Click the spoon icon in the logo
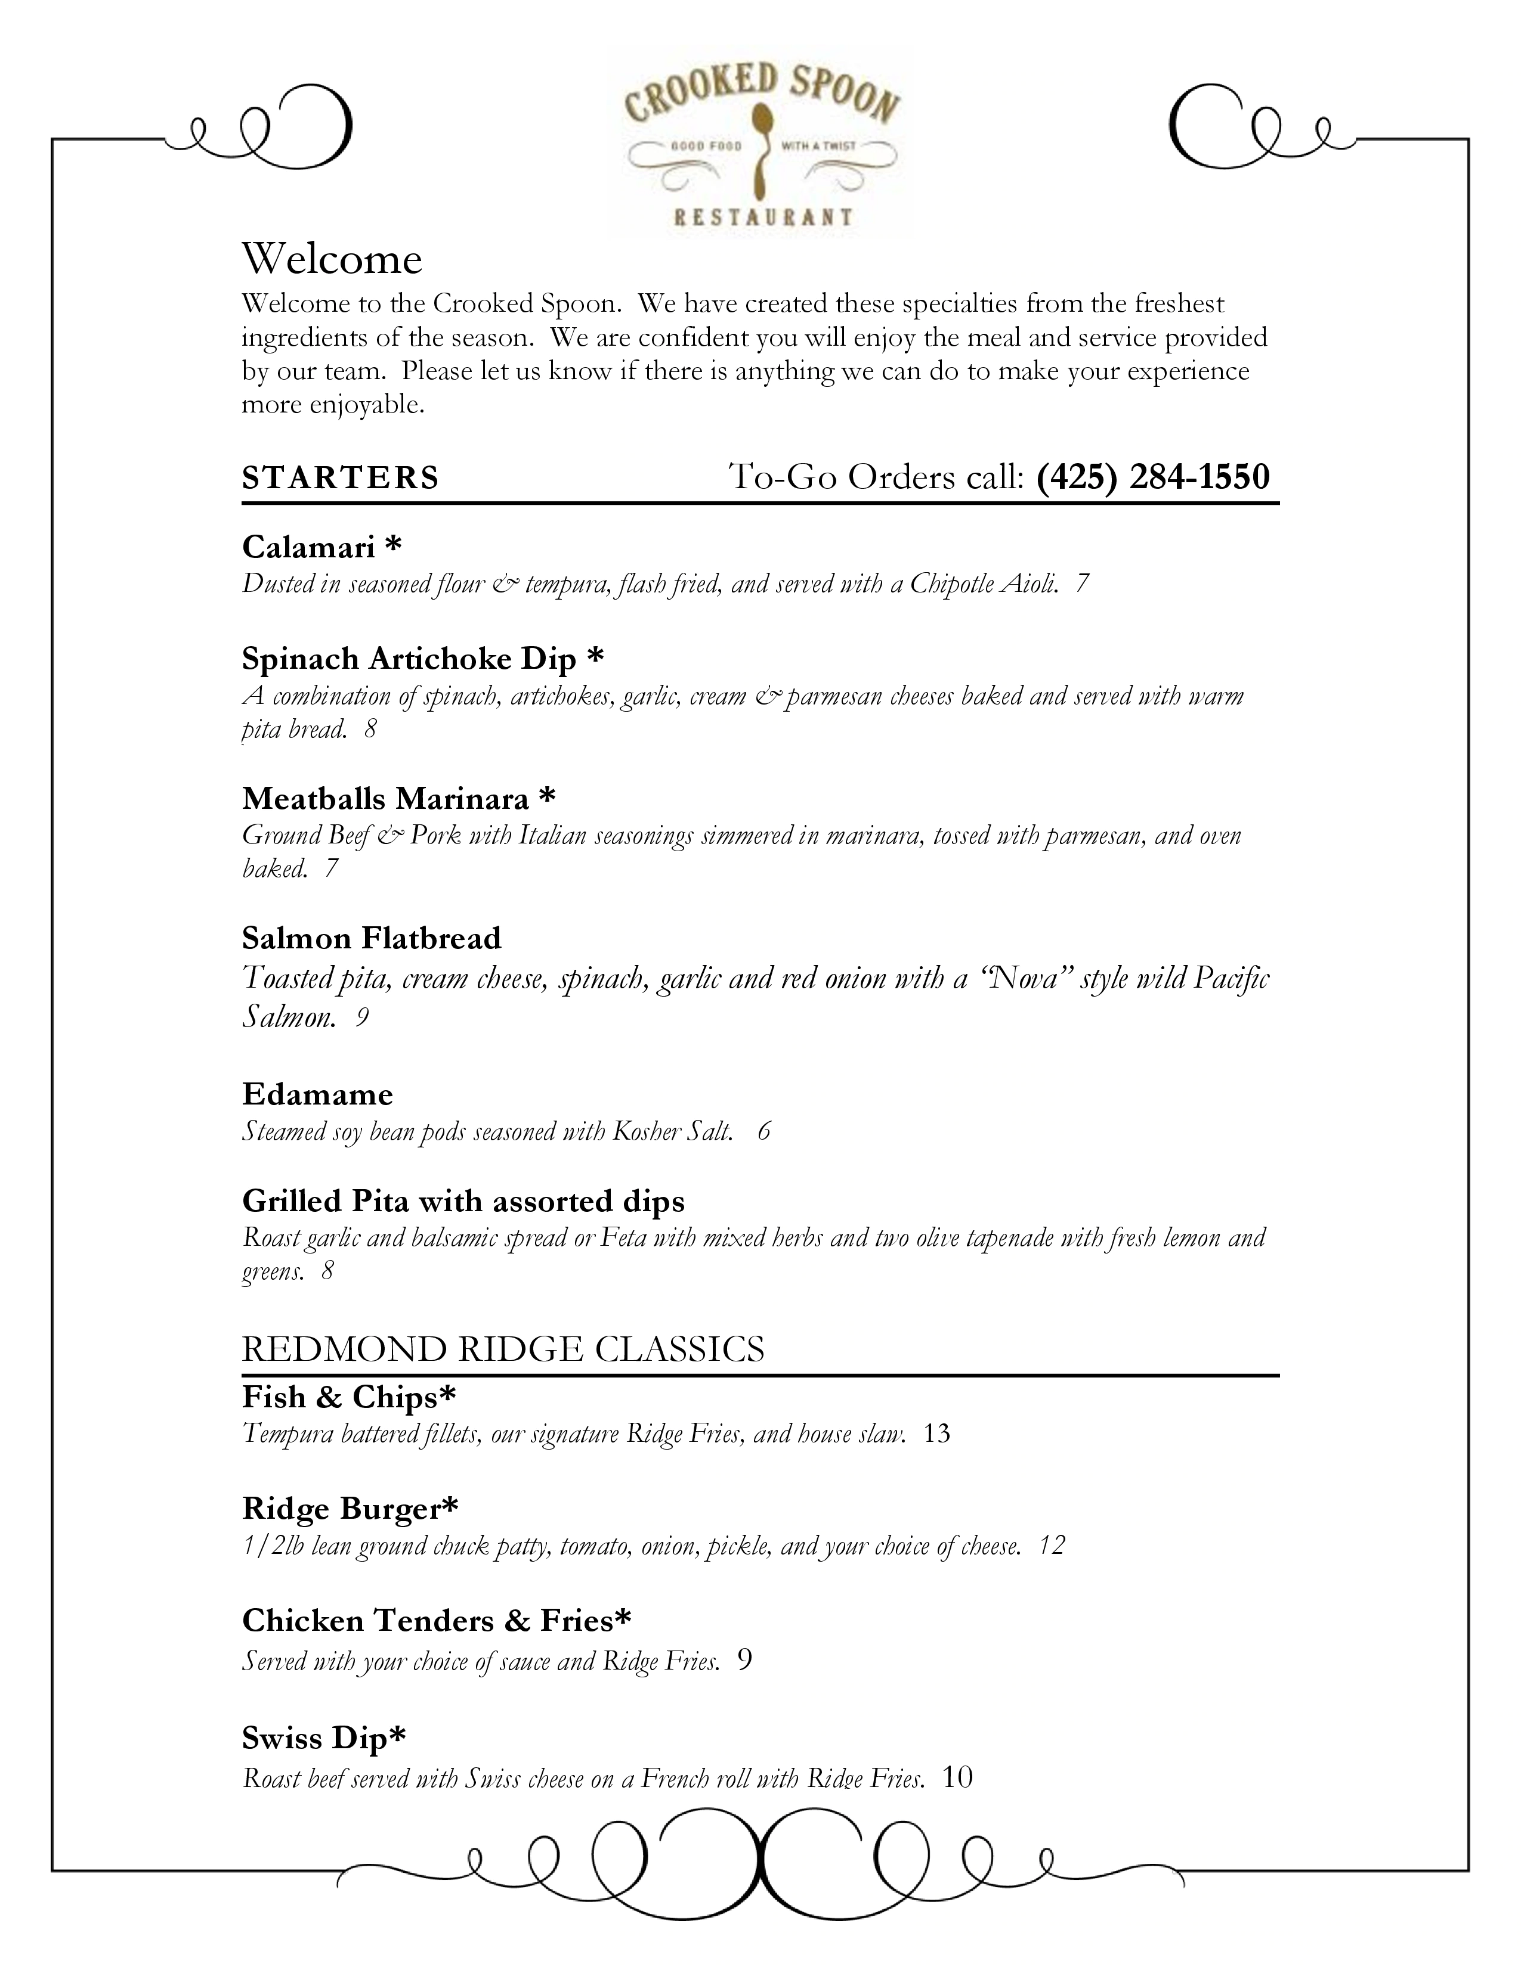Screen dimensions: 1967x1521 click(762, 148)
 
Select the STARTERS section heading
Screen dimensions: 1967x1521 click(341, 477)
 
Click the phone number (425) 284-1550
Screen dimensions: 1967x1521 click(1152, 476)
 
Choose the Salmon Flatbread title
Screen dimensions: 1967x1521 click(371, 938)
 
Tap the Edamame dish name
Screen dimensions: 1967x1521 click(317, 1094)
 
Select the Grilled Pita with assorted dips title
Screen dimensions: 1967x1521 click(463, 1202)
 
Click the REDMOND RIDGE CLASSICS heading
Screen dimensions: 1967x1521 click(503, 1349)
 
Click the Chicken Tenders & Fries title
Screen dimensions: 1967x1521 click(436, 1621)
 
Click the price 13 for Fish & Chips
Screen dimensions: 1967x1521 click(937, 1434)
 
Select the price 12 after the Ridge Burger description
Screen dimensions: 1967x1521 click(1052, 1546)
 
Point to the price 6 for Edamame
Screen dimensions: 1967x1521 click(764, 1131)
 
